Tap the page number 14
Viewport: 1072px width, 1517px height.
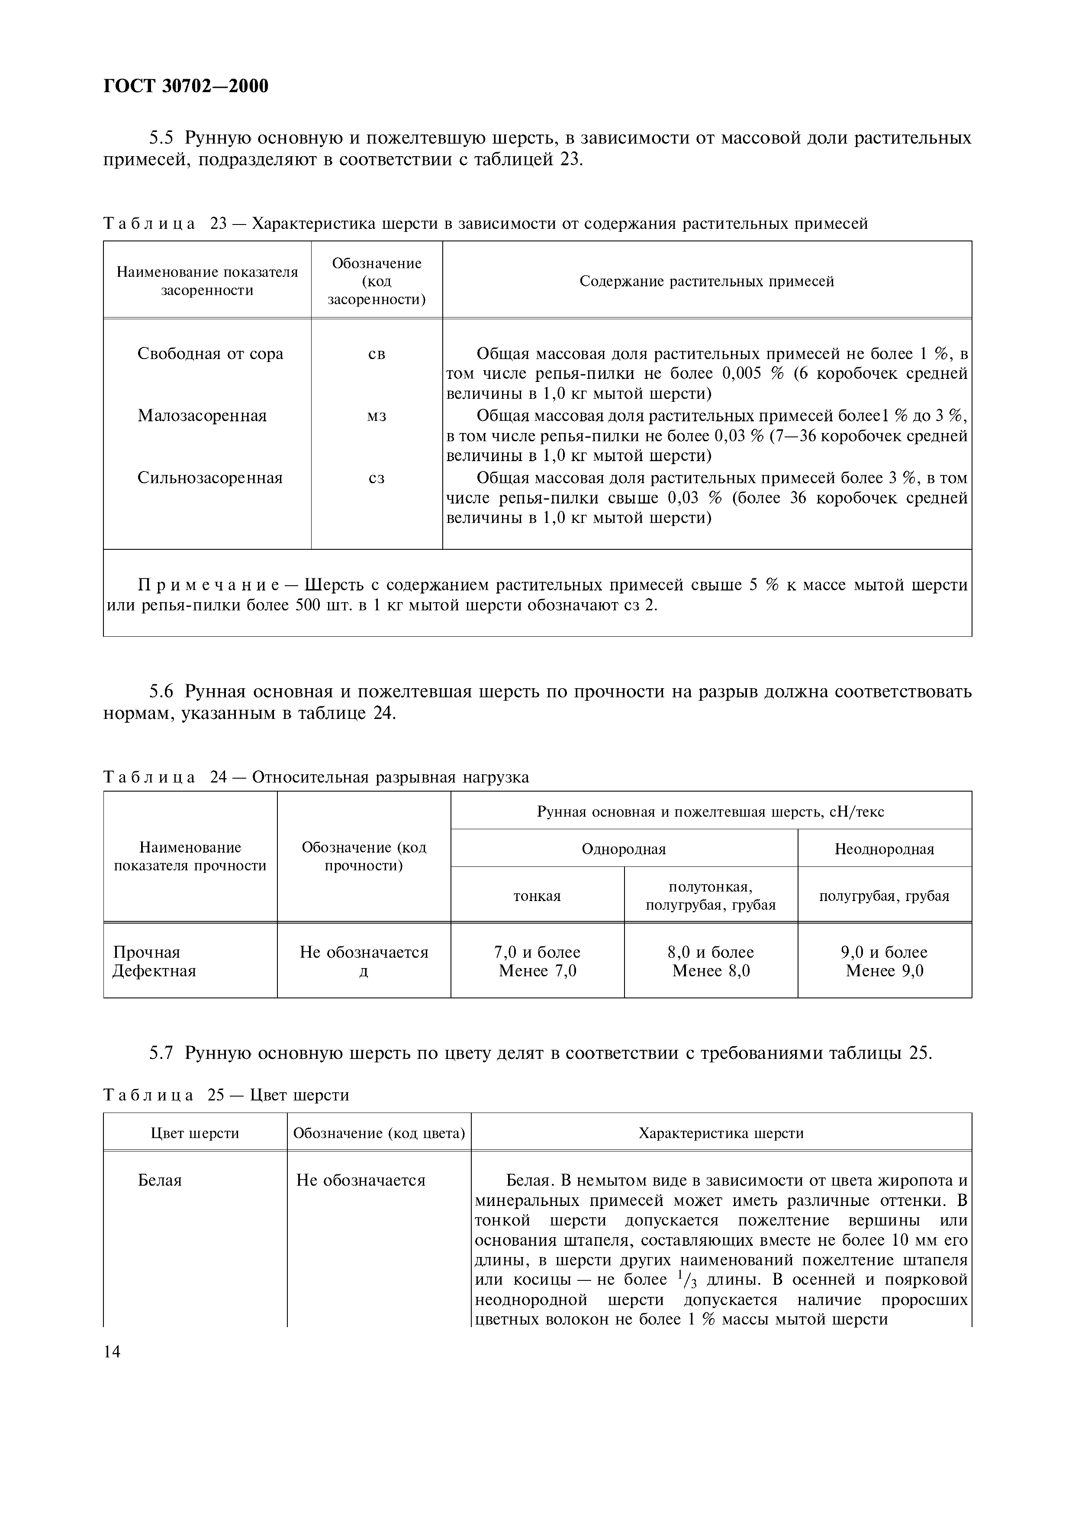[113, 1352]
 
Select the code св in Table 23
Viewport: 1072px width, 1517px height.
[376, 354]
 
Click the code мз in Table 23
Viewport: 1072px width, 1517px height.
[376, 416]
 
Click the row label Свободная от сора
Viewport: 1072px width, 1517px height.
[210, 354]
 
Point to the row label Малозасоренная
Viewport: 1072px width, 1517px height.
[202, 416]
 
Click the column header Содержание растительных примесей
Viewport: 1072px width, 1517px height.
[706, 282]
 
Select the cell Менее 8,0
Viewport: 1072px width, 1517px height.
[711, 971]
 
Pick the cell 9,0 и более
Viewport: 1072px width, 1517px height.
[884, 952]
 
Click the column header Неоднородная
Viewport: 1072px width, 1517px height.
[884, 849]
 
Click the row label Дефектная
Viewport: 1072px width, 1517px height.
[154, 971]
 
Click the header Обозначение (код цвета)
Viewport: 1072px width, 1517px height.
[379, 1133]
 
